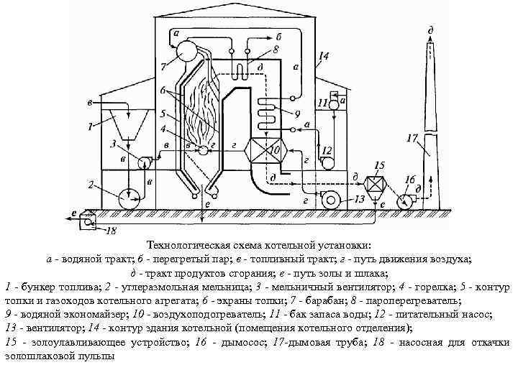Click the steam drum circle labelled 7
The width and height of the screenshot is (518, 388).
click(x=188, y=50)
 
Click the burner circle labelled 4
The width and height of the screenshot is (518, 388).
click(x=204, y=150)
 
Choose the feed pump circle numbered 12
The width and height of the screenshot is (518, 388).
click(x=328, y=163)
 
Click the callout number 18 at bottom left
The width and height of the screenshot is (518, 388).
click(x=109, y=231)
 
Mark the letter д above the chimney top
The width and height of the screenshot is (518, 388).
click(x=430, y=30)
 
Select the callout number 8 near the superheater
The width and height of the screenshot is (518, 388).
click(x=276, y=51)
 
